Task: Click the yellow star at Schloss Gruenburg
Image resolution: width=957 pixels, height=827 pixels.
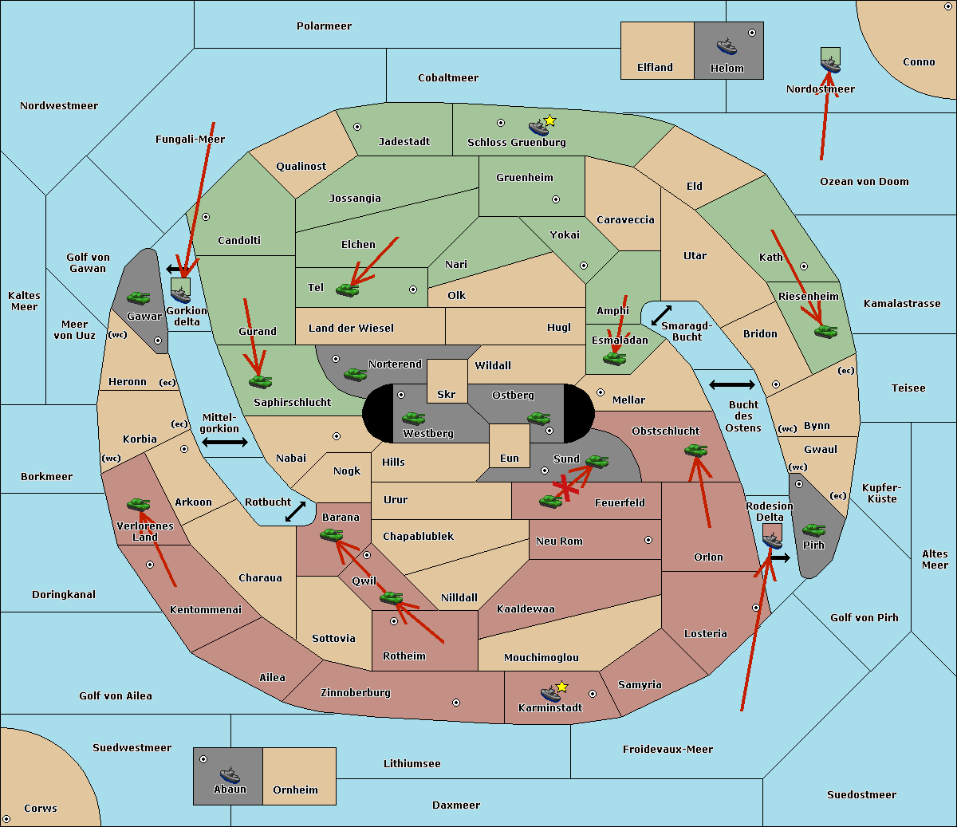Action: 549,121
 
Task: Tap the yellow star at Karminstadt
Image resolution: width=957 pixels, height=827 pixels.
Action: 561,687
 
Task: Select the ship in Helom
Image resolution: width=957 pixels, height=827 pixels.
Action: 727,46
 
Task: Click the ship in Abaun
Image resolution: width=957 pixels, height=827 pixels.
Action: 230,775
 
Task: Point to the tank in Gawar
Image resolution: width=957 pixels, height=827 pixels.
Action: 139,298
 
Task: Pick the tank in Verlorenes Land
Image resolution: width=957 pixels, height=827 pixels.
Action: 139,504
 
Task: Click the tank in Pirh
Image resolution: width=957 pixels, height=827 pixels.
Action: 814,530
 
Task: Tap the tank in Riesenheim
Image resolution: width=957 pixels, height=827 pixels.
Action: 826,331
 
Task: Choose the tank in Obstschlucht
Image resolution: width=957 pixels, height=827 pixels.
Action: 696,451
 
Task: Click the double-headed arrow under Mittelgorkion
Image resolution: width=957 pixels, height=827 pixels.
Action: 225,442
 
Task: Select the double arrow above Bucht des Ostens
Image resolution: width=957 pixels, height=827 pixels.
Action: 731,385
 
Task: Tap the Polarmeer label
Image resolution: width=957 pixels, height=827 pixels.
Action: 324,26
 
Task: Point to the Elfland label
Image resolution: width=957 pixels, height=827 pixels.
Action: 655,68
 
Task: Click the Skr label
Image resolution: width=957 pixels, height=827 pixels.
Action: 447,395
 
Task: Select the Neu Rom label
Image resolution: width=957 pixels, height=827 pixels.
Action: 559,541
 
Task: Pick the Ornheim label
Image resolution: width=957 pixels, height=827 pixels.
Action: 295,790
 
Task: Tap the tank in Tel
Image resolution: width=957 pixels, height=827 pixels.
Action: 348,290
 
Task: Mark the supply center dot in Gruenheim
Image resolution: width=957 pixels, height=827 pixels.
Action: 556,199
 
